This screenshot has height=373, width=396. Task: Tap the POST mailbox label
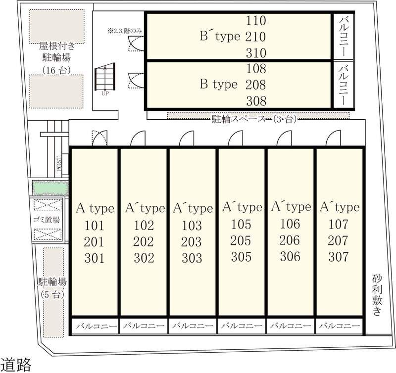point(59,164)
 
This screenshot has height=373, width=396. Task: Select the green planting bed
point(50,187)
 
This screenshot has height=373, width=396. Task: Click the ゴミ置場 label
point(47,220)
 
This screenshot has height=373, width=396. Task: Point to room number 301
point(94,258)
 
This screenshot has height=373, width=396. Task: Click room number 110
point(256,20)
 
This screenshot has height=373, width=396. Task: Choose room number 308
point(256,101)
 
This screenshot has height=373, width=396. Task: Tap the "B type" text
point(219,84)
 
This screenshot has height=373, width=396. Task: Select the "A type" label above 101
point(95,208)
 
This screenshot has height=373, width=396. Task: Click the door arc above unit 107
point(333,138)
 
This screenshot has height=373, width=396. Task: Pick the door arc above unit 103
point(187,138)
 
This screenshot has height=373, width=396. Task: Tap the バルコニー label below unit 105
point(242,326)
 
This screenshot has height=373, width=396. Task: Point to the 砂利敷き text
point(377,295)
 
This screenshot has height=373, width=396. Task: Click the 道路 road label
point(16,365)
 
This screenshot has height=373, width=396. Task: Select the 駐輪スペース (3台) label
point(254,119)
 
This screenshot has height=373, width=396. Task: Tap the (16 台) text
point(56,70)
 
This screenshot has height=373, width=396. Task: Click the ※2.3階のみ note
point(125,31)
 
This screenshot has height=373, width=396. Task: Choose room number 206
point(290,240)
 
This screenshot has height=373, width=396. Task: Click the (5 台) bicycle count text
point(52,294)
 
